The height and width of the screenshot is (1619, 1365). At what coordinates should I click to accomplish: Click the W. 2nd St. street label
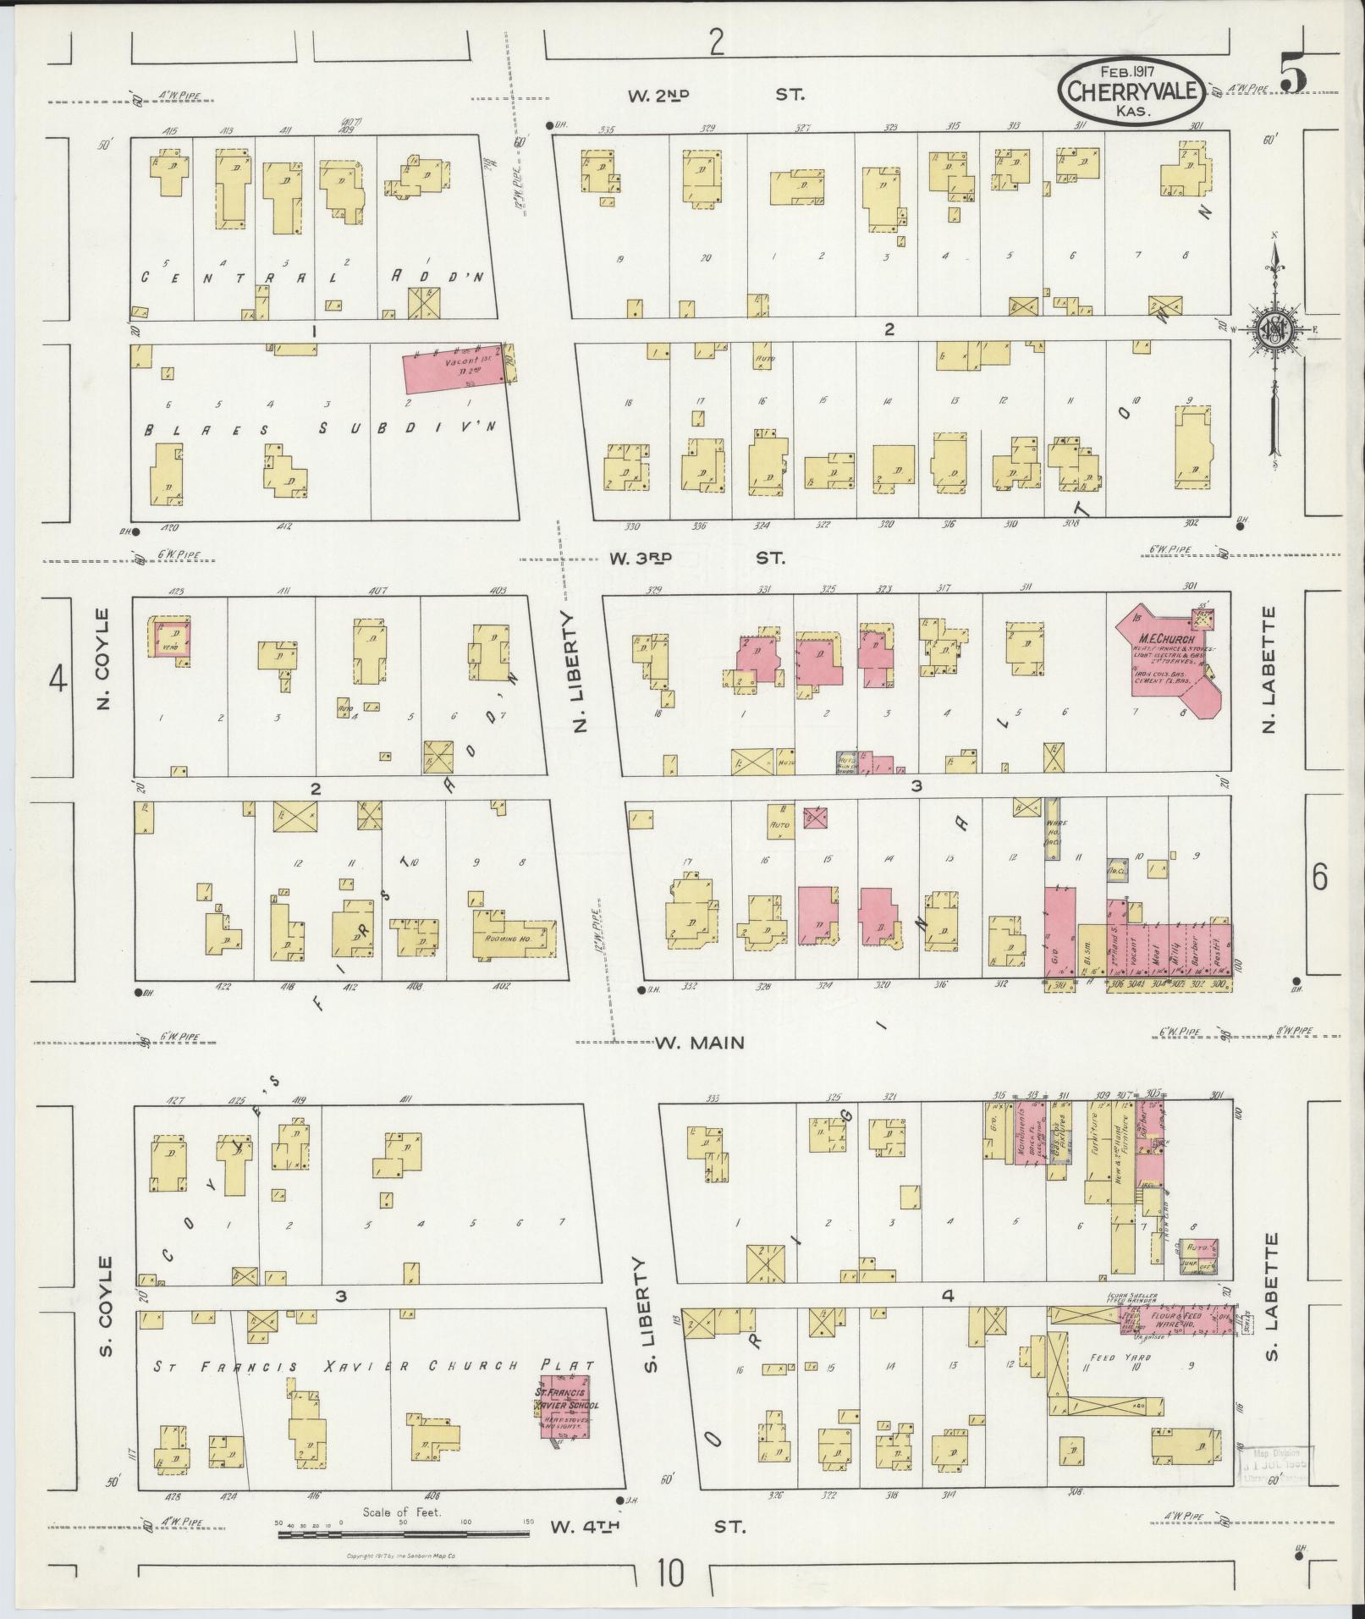(716, 96)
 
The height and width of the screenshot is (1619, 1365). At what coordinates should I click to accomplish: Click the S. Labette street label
(1272, 1291)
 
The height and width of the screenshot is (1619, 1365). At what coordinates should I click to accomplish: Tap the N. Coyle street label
(104, 658)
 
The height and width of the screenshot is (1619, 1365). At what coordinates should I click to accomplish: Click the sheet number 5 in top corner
(1293, 73)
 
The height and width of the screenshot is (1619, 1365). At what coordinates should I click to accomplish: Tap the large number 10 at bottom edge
(672, 1575)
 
